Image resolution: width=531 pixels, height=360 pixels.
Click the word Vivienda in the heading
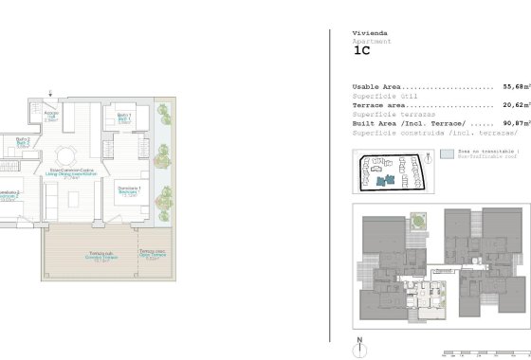370,33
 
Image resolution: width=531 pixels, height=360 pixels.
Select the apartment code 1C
361,53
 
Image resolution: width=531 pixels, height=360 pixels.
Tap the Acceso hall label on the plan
52,116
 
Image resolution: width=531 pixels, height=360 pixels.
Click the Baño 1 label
124,117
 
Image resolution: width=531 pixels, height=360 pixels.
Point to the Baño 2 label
22,142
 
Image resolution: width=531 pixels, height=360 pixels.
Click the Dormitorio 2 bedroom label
9,194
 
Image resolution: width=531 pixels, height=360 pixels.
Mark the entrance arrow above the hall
52,96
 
